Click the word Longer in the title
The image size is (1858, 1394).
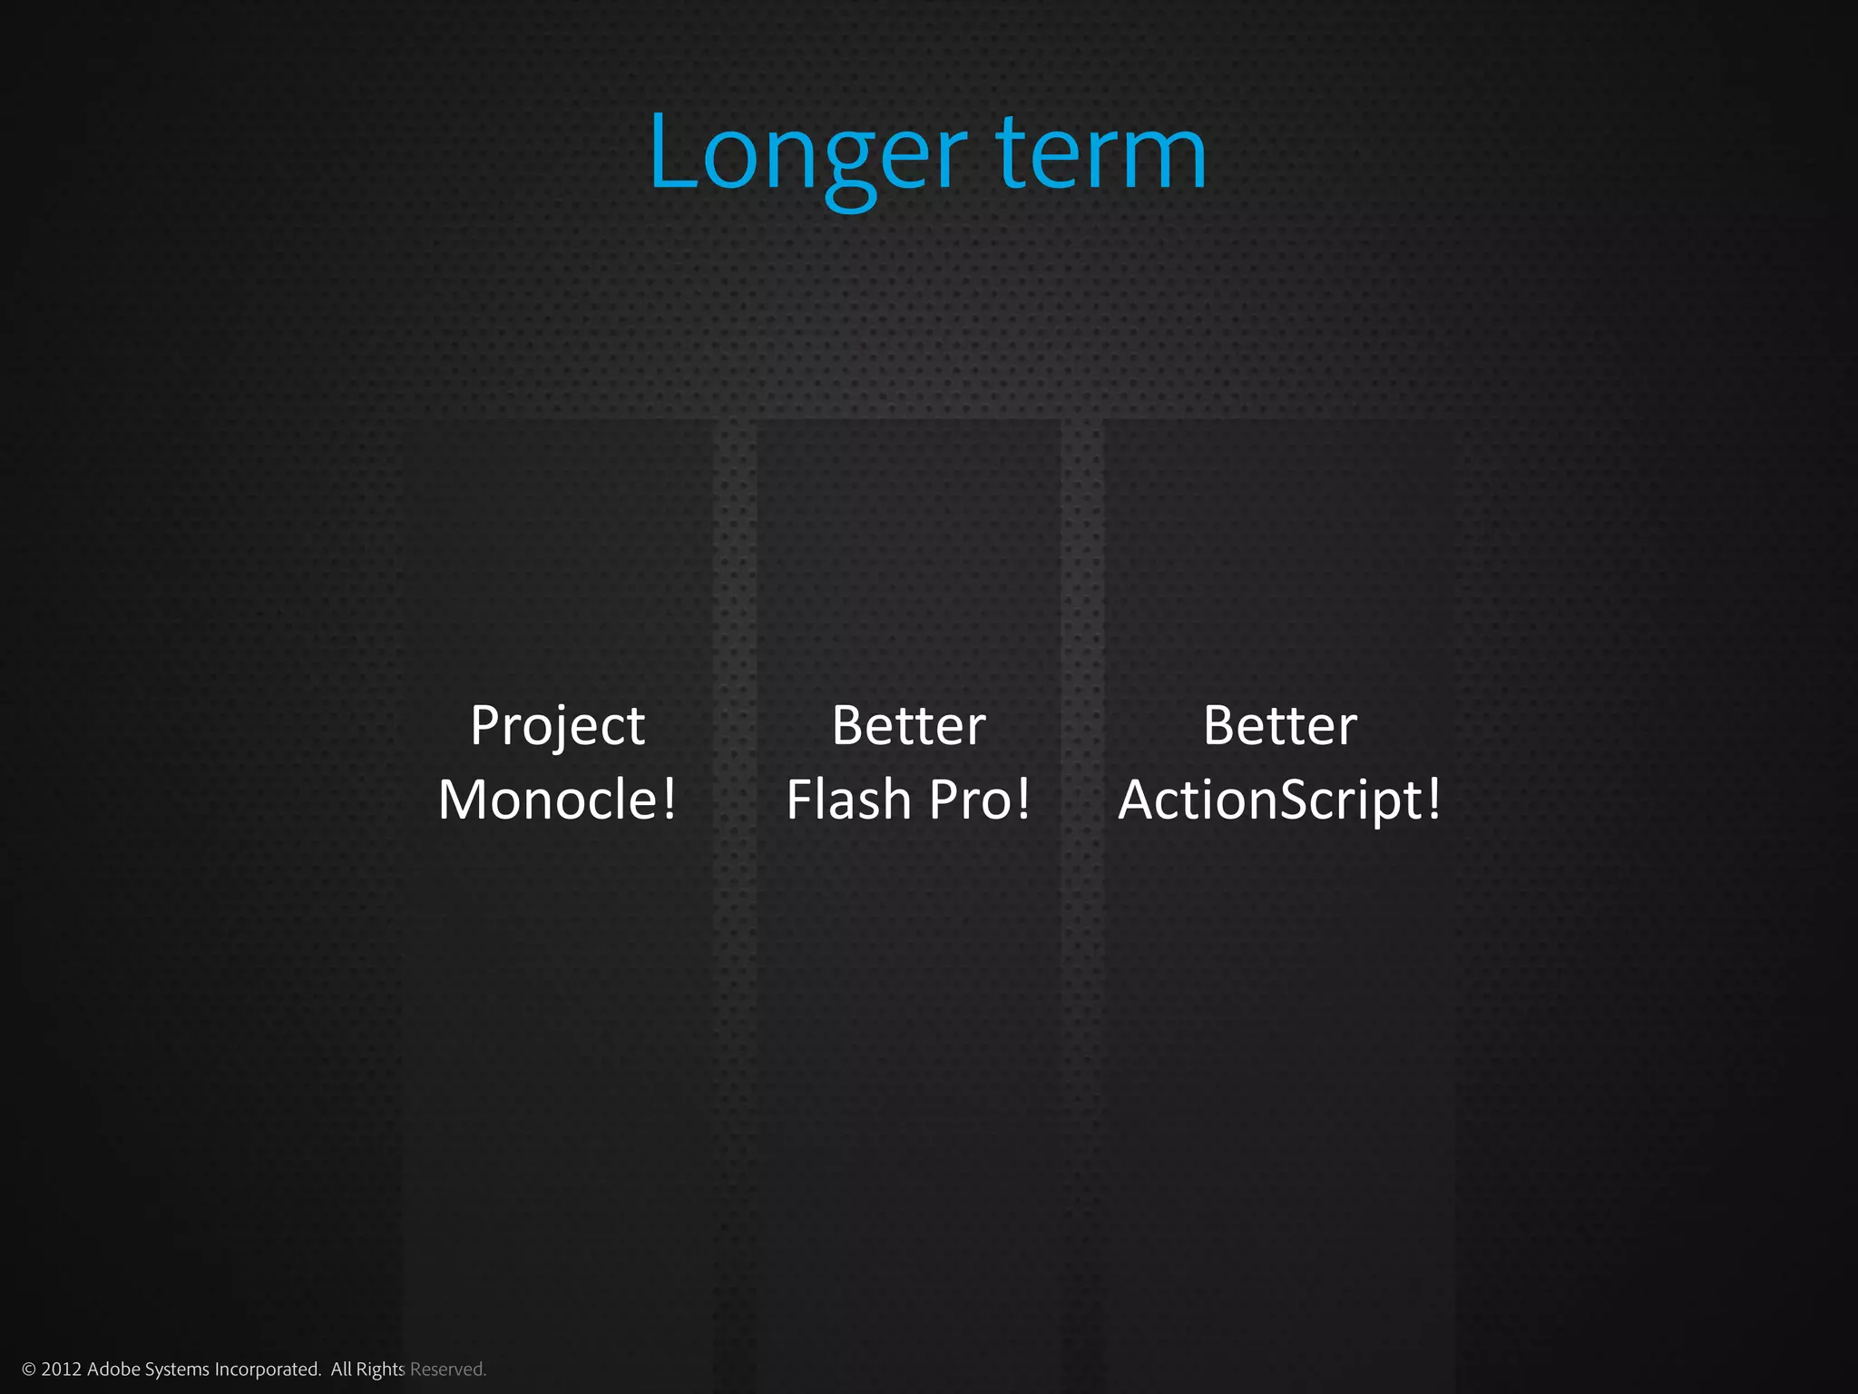tap(807, 154)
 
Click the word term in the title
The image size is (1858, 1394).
tap(1101, 154)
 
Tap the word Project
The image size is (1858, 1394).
tap(557, 727)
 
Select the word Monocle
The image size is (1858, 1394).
tap(548, 800)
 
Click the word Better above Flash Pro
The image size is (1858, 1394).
tap(908, 726)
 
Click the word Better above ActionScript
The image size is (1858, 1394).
tap(1279, 726)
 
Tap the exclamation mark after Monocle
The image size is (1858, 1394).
tap(669, 800)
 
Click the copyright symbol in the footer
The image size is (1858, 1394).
tap(29, 1369)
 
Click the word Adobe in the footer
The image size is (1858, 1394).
tap(114, 1369)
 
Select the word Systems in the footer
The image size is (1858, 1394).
tap(177, 1369)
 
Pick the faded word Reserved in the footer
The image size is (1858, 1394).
tap(447, 1369)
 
